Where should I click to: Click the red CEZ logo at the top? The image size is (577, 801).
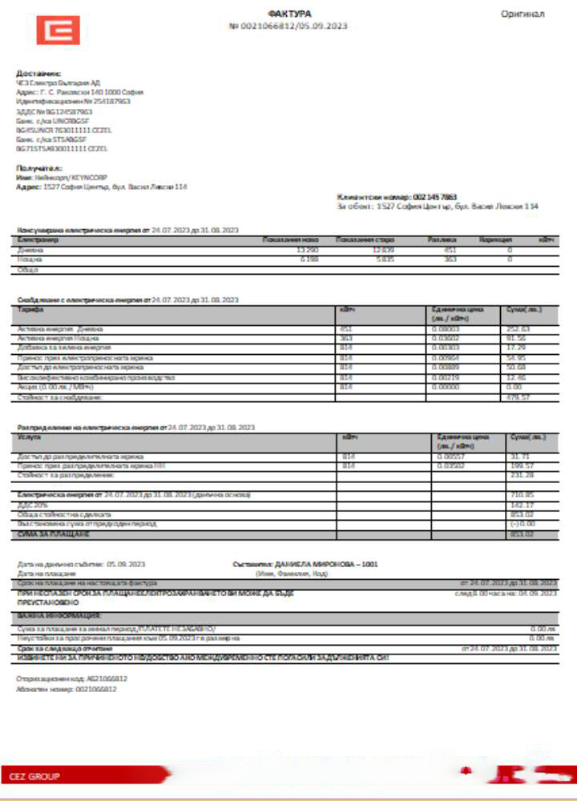click(x=58, y=30)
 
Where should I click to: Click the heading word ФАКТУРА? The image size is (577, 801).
click(x=288, y=14)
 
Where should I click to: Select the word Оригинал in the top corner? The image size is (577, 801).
click(x=523, y=14)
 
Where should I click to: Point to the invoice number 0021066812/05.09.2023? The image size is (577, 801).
click(x=293, y=26)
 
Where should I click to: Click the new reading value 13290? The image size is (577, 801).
click(x=308, y=250)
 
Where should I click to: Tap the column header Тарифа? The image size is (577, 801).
click(x=30, y=309)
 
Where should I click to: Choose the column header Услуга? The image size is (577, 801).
click(x=29, y=437)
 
